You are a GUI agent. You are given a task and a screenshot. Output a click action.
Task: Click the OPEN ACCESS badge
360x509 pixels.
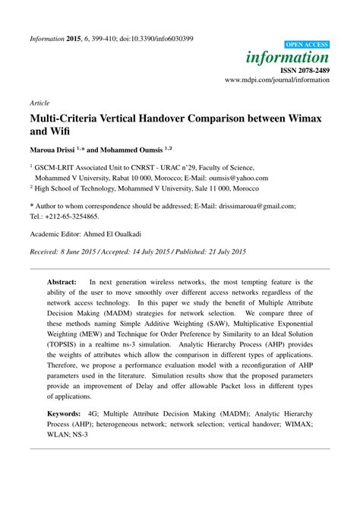tap(308, 46)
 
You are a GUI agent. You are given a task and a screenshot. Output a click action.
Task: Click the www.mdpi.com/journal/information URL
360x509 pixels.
tap(277, 79)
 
